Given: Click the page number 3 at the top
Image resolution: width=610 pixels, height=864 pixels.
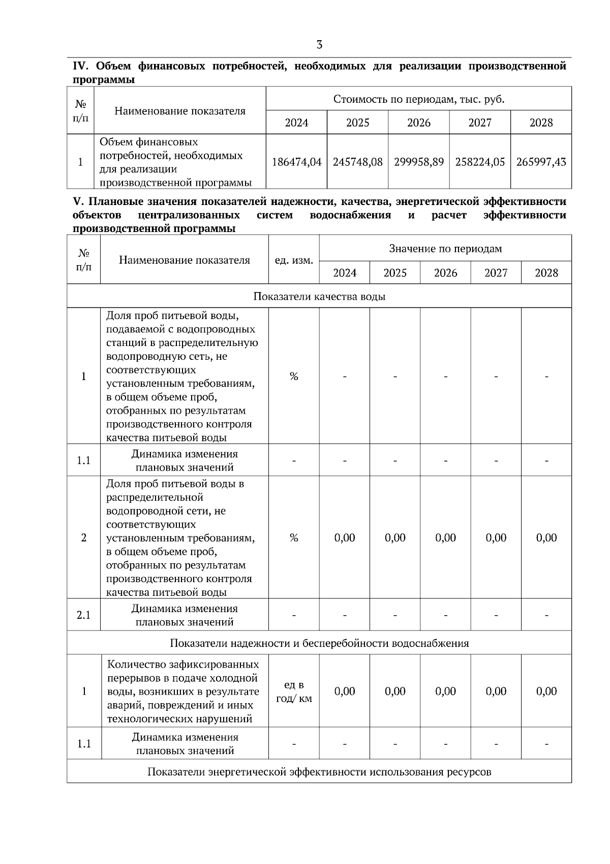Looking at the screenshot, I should coord(319,45).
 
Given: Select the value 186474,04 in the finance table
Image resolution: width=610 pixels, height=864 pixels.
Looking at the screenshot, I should coord(297,162).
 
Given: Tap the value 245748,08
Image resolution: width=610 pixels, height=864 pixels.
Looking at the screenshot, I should coord(357,162).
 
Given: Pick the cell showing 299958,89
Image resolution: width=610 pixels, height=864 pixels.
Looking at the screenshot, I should coord(419,162).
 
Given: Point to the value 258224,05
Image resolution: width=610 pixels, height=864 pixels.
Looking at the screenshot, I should coord(480,162).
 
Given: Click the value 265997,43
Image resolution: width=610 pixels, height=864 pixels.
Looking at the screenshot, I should coord(541,162).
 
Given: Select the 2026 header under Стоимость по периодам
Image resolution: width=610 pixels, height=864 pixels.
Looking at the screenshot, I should coord(419,123).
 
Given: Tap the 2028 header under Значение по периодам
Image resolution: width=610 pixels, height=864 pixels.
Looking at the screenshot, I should coord(546,273).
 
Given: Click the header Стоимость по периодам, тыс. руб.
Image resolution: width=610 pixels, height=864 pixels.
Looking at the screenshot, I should coord(419,99).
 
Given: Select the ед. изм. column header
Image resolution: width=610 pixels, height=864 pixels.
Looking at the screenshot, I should coord(294,260).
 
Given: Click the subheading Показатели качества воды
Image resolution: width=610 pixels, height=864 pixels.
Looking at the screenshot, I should coord(319,297).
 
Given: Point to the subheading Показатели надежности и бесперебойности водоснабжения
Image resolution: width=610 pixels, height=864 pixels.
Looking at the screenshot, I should coord(319,643).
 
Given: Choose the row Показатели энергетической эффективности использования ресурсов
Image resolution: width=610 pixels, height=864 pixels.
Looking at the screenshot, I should coord(319,772).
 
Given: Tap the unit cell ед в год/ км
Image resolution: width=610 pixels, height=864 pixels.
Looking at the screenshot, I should coord(294,692).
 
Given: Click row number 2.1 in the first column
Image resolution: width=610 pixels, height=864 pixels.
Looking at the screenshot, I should coord(84,615).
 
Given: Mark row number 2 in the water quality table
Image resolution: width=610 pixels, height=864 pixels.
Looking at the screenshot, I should coord(84,538).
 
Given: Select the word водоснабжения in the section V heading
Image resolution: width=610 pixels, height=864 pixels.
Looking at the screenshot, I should coord(350,215).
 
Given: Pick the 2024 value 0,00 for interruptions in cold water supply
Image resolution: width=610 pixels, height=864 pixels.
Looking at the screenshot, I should coord(345,692).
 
